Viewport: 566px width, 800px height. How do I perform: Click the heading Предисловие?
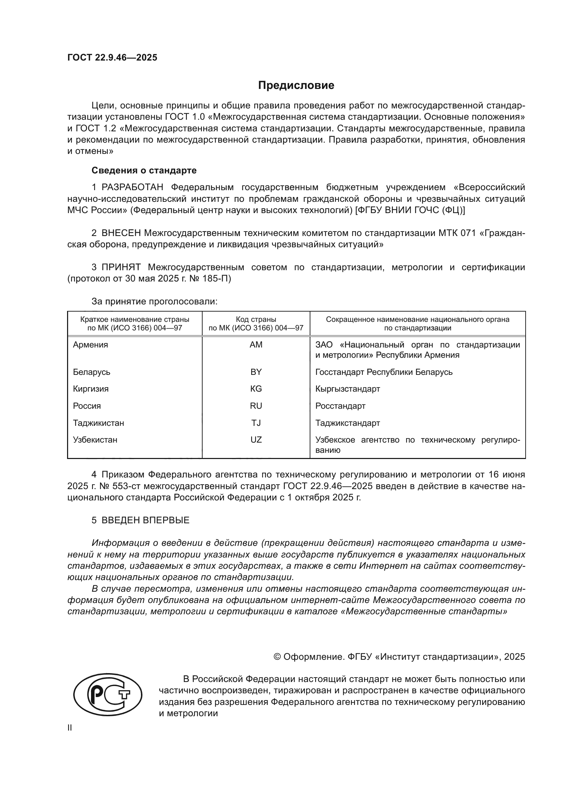tap(296, 86)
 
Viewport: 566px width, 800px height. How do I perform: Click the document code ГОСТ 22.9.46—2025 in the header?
tap(112, 57)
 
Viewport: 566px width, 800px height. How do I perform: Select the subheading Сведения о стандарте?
tap(144, 170)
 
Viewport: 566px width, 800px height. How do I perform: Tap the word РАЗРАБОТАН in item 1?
tap(132, 187)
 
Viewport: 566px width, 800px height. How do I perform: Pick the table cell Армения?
tap(91, 345)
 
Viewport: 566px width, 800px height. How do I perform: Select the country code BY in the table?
tap(256, 372)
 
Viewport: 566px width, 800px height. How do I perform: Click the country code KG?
tap(256, 389)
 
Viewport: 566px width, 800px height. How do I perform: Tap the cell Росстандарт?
tap(340, 406)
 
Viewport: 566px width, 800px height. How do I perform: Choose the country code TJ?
tap(256, 423)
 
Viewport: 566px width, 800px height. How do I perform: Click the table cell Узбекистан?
tap(95, 440)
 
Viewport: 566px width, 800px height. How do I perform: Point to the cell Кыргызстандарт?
tap(347, 389)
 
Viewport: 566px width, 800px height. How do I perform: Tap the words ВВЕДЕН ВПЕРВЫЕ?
tap(145, 520)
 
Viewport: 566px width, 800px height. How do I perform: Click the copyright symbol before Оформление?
tap(277, 657)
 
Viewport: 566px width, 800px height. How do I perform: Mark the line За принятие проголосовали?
tap(154, 301)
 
